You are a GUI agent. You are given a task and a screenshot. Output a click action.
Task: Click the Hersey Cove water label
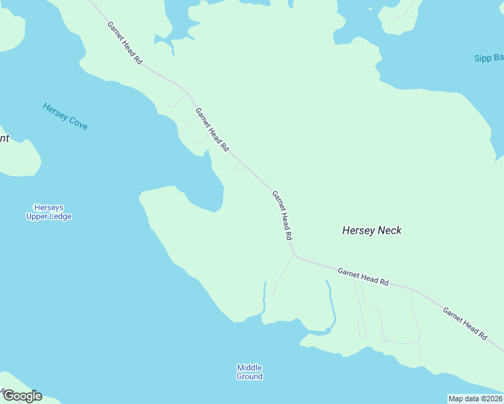point(65,116)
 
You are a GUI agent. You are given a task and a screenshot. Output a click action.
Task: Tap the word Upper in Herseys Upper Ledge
point(38,217)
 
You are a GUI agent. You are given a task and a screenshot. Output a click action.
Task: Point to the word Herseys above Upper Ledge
point(49,208)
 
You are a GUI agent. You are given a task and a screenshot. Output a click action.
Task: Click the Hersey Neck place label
point(371,230)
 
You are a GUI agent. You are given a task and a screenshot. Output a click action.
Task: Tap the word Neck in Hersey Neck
point(389,230)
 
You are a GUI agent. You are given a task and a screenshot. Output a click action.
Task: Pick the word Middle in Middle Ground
point(249,368)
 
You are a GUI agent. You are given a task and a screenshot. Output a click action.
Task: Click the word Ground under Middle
point(249,376)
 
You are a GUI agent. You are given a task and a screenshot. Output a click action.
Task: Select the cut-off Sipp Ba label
point(489,58)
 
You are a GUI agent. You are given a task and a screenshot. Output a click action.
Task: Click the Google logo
point(22,396)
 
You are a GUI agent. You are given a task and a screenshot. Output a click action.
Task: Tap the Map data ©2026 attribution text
point(476,399)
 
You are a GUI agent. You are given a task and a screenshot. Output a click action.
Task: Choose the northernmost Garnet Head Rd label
point(125,43)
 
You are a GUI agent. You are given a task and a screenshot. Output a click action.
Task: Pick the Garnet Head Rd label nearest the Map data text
point(465,323)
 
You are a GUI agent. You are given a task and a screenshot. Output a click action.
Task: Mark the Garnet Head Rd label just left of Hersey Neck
point(282,215)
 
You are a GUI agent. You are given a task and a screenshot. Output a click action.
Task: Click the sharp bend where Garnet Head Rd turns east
point(293,255)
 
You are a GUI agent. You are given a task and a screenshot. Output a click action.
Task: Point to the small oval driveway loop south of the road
point(362,328)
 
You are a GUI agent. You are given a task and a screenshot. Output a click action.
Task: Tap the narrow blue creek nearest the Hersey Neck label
point(330,303)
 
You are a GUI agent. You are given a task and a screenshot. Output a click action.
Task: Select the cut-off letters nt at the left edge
point(4,139)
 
